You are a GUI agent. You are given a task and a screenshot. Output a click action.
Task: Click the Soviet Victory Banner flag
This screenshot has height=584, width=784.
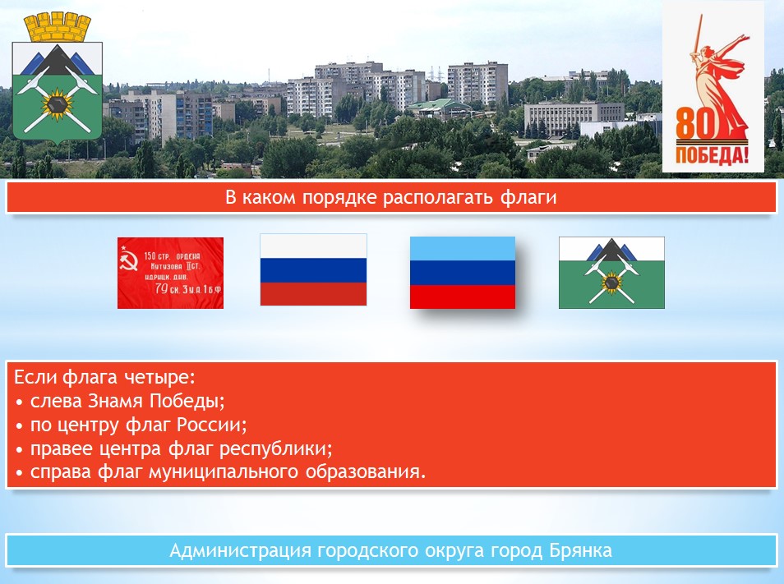tap(170, 273)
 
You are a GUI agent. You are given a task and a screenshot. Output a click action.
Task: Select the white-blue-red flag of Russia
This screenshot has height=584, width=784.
tap(313, 269)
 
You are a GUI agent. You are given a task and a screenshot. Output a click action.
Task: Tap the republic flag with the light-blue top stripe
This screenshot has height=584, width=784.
tap(463, 273)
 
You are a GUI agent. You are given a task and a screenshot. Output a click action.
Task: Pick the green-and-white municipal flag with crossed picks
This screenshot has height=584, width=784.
tap(611, 273)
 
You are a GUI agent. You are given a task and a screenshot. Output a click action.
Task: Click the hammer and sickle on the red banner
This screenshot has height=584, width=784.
tap(129, 261)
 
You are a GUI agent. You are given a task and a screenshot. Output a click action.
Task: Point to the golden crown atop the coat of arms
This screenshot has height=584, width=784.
tap(58, 27)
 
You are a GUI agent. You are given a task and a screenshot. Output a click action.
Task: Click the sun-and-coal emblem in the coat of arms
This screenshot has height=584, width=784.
tap(57, 104)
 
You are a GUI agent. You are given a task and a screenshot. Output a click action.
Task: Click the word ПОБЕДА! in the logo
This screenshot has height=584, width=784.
tap(713, 155)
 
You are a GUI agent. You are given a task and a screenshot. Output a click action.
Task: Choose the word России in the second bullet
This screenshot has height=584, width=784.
tap(211, 425)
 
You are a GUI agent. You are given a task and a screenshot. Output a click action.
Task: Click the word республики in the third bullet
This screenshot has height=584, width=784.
tap(275, 448)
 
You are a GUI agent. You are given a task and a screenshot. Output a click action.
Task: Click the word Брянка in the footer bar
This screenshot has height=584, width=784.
tap(580, 550)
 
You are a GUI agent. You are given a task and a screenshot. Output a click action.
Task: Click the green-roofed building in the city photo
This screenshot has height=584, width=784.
tap(438, 108)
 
